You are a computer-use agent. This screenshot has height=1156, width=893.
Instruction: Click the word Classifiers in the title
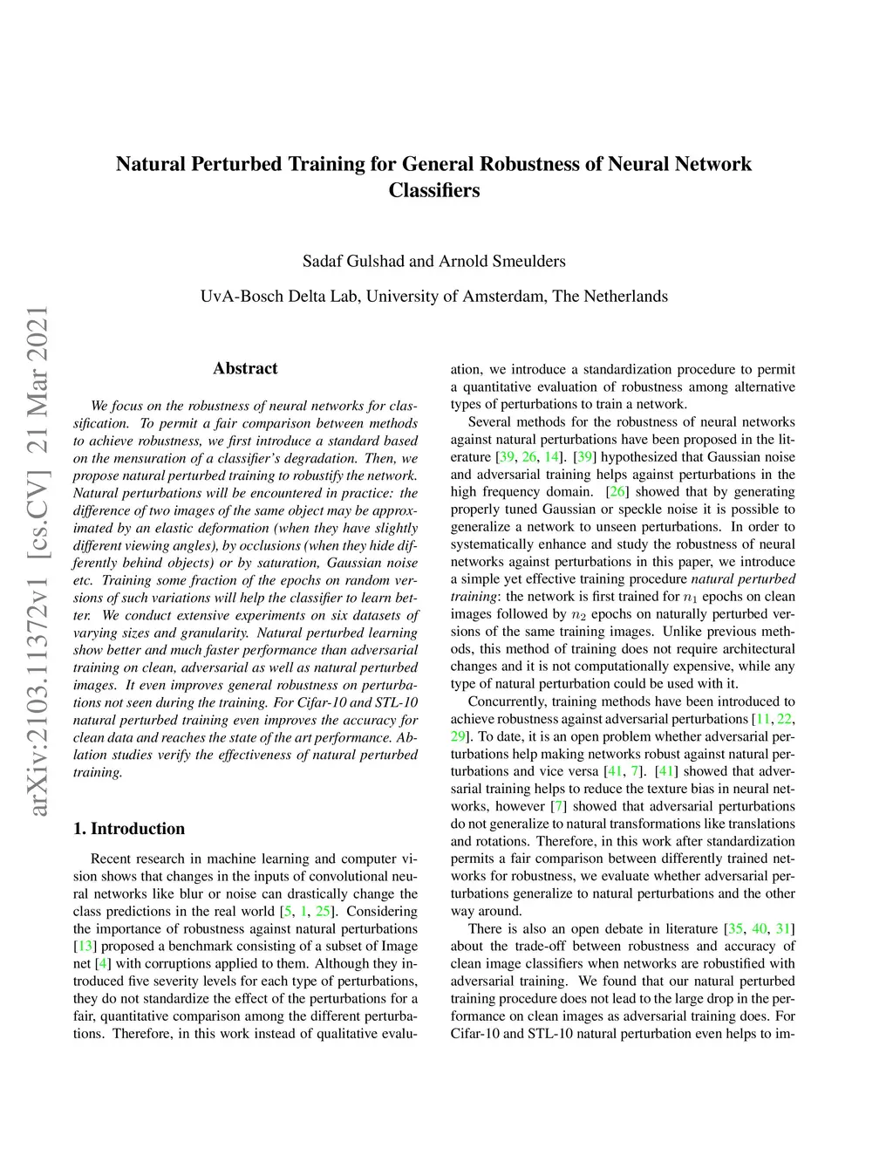[433, 190]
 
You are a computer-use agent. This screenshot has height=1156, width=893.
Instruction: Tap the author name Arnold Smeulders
[501, 261]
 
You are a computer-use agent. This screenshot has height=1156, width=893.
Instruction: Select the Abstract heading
[245, 368]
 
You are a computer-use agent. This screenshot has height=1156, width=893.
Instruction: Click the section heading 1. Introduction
[129, 829]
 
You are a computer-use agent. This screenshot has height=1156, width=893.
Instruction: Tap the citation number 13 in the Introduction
[85, 947]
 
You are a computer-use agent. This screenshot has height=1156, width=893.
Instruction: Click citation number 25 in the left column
[324, 912]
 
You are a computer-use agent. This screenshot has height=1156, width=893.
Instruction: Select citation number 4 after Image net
[103, 964]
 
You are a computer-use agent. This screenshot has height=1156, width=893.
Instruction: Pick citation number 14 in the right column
[552, 457]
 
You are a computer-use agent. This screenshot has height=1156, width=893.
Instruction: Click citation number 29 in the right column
[459, 736]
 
